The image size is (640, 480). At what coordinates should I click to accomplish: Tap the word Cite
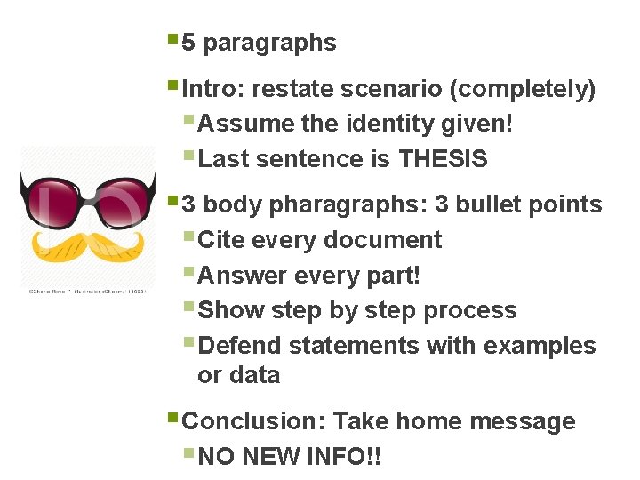(222, 240)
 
